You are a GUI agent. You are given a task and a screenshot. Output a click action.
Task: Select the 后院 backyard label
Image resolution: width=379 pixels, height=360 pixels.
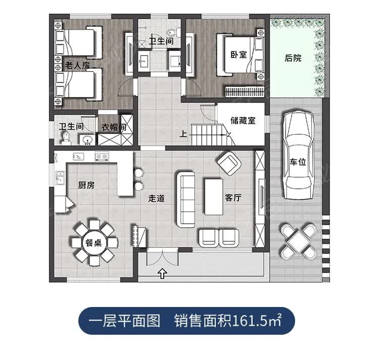[x=293, y=58]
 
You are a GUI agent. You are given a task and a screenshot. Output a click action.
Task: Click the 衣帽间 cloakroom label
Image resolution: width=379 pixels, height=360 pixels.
[x=114, y=127]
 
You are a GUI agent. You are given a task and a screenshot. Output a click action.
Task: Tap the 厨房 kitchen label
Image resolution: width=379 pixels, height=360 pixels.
[x=86, y=185]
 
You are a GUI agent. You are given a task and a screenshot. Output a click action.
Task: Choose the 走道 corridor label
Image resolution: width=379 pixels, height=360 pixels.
[x=156, y=198]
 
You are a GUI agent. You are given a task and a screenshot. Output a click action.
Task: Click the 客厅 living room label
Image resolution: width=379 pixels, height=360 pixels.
[x=233, y=198]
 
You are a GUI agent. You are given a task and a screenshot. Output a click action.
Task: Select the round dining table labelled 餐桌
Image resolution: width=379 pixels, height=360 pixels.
[x=94, y=243]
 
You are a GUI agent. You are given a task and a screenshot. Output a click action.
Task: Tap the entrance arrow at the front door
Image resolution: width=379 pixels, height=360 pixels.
[x=163, y=274]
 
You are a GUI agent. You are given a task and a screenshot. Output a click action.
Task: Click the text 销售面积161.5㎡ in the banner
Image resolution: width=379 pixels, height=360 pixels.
[x=227, y=321]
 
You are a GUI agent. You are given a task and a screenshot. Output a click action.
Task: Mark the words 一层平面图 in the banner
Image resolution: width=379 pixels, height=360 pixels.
[x=124, y=321]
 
